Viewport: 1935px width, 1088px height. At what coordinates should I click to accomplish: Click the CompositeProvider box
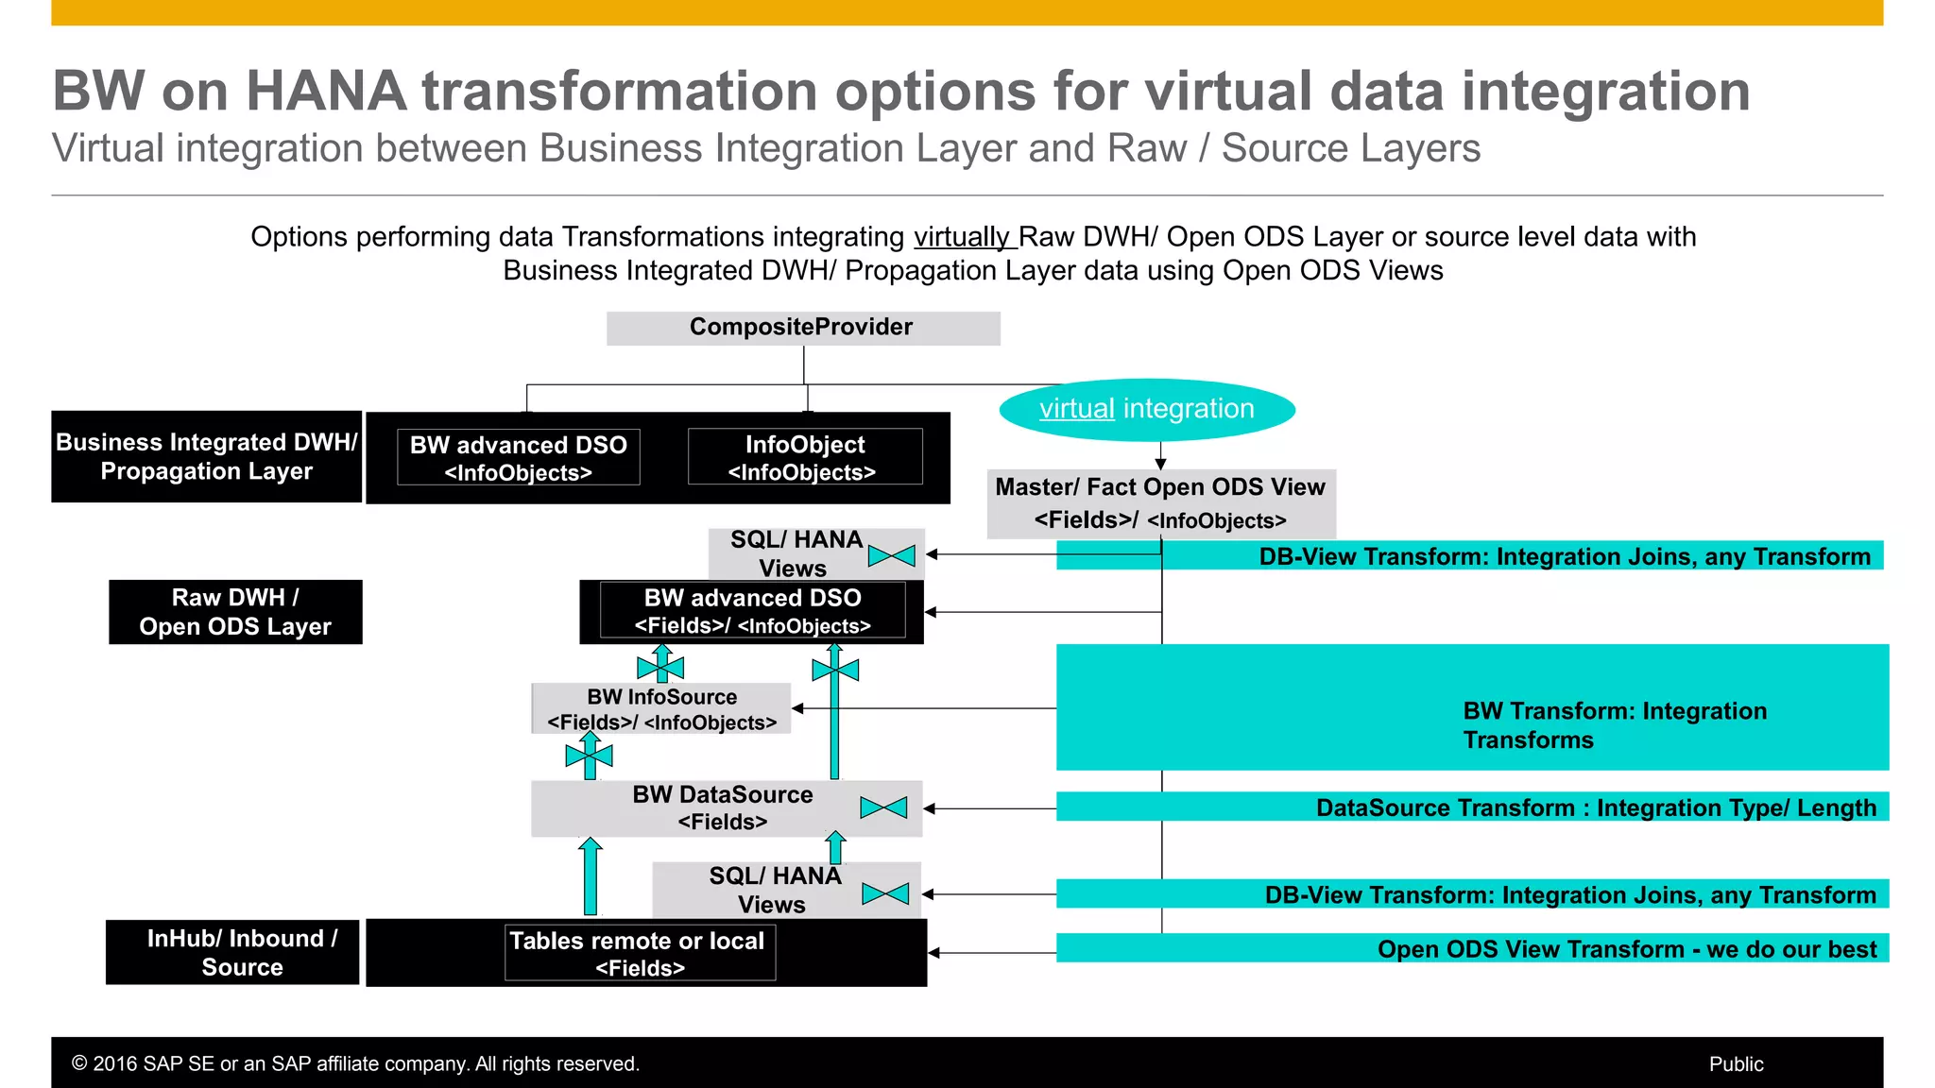802,328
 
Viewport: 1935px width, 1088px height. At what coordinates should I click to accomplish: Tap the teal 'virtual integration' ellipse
1146,409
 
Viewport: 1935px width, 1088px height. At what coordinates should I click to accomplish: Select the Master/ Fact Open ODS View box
1160,503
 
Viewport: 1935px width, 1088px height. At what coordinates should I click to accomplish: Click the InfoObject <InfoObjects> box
804,457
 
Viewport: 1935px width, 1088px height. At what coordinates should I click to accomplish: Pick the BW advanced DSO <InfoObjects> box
518,457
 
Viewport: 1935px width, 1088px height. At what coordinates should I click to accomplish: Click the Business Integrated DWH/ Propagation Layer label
206,456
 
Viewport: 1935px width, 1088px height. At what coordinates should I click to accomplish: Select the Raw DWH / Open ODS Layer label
235,612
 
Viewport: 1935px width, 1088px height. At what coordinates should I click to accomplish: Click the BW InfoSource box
661,708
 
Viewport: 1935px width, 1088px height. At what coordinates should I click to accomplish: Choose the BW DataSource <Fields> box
723,807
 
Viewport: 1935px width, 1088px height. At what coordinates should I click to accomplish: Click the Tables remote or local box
640,953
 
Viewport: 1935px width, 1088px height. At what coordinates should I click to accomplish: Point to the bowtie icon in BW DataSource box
883,807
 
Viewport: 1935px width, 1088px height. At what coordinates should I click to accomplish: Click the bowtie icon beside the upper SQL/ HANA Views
891,555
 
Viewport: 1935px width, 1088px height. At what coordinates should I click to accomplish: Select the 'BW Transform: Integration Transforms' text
1614,724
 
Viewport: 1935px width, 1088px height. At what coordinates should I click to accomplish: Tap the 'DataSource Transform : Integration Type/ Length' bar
1471,807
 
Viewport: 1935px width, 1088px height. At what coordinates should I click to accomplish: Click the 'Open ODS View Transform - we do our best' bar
1471,948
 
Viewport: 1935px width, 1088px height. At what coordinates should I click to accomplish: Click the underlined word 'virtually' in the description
962,236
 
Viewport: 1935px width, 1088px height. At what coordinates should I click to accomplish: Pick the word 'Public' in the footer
1736,1063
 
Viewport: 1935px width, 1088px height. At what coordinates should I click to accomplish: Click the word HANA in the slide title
326,92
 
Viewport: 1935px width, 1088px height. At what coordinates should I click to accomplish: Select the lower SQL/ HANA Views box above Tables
775,890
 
